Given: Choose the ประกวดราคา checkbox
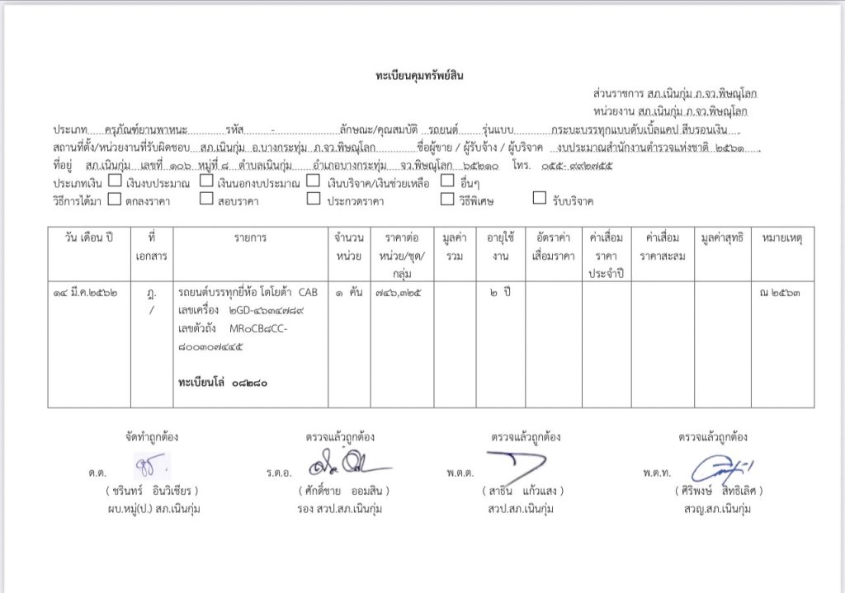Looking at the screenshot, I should coord(313,199).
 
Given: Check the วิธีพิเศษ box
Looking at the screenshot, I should coord(446,199).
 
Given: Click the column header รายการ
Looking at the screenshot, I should coord(250,238).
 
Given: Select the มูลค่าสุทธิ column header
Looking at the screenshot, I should coord(722,238).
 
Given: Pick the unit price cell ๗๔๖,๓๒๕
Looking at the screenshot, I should coord(402,293).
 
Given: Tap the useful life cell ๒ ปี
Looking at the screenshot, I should coord(500,293).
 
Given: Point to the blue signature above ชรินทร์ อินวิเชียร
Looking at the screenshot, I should coord(152,464).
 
